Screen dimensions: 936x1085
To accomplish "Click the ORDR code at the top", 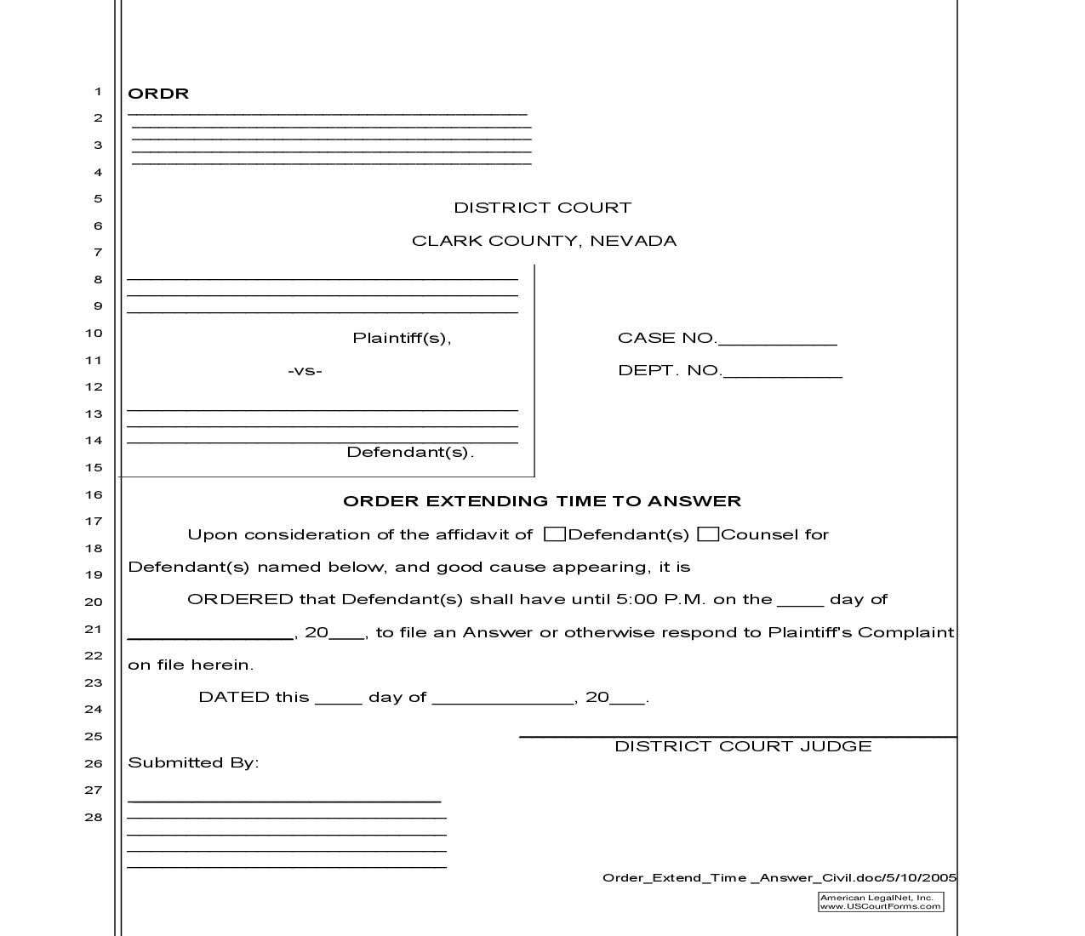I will click(158, 94).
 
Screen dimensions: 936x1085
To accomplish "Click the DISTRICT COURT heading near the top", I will click(542, 208).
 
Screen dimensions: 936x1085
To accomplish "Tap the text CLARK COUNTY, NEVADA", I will click(544, 241).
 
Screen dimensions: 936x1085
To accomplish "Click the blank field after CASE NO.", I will click(777, 340).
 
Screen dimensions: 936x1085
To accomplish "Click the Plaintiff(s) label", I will click(402, 338).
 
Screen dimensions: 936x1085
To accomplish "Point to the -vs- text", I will click(305, 371).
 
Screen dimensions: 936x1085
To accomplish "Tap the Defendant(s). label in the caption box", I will click(410, 452).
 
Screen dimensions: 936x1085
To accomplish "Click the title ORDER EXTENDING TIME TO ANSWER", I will click(542, 501).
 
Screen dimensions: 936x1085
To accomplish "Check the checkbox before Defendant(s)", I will click(555, 534).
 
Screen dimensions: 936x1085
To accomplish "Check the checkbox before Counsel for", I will click(708, 534).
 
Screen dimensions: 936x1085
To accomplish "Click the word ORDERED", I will click(240, 599).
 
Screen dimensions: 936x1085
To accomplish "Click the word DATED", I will click(234, 697).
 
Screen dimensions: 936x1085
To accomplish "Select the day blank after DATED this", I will click(338, 699).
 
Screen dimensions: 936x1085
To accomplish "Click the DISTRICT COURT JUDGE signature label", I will click(743, 746).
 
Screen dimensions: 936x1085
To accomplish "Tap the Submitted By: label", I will click(193, 762).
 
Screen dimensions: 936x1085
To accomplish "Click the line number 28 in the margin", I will click(94, 817).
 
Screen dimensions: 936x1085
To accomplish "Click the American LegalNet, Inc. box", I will click(881, 902).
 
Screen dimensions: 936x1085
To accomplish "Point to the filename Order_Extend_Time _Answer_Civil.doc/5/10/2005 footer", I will click(779, 878).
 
